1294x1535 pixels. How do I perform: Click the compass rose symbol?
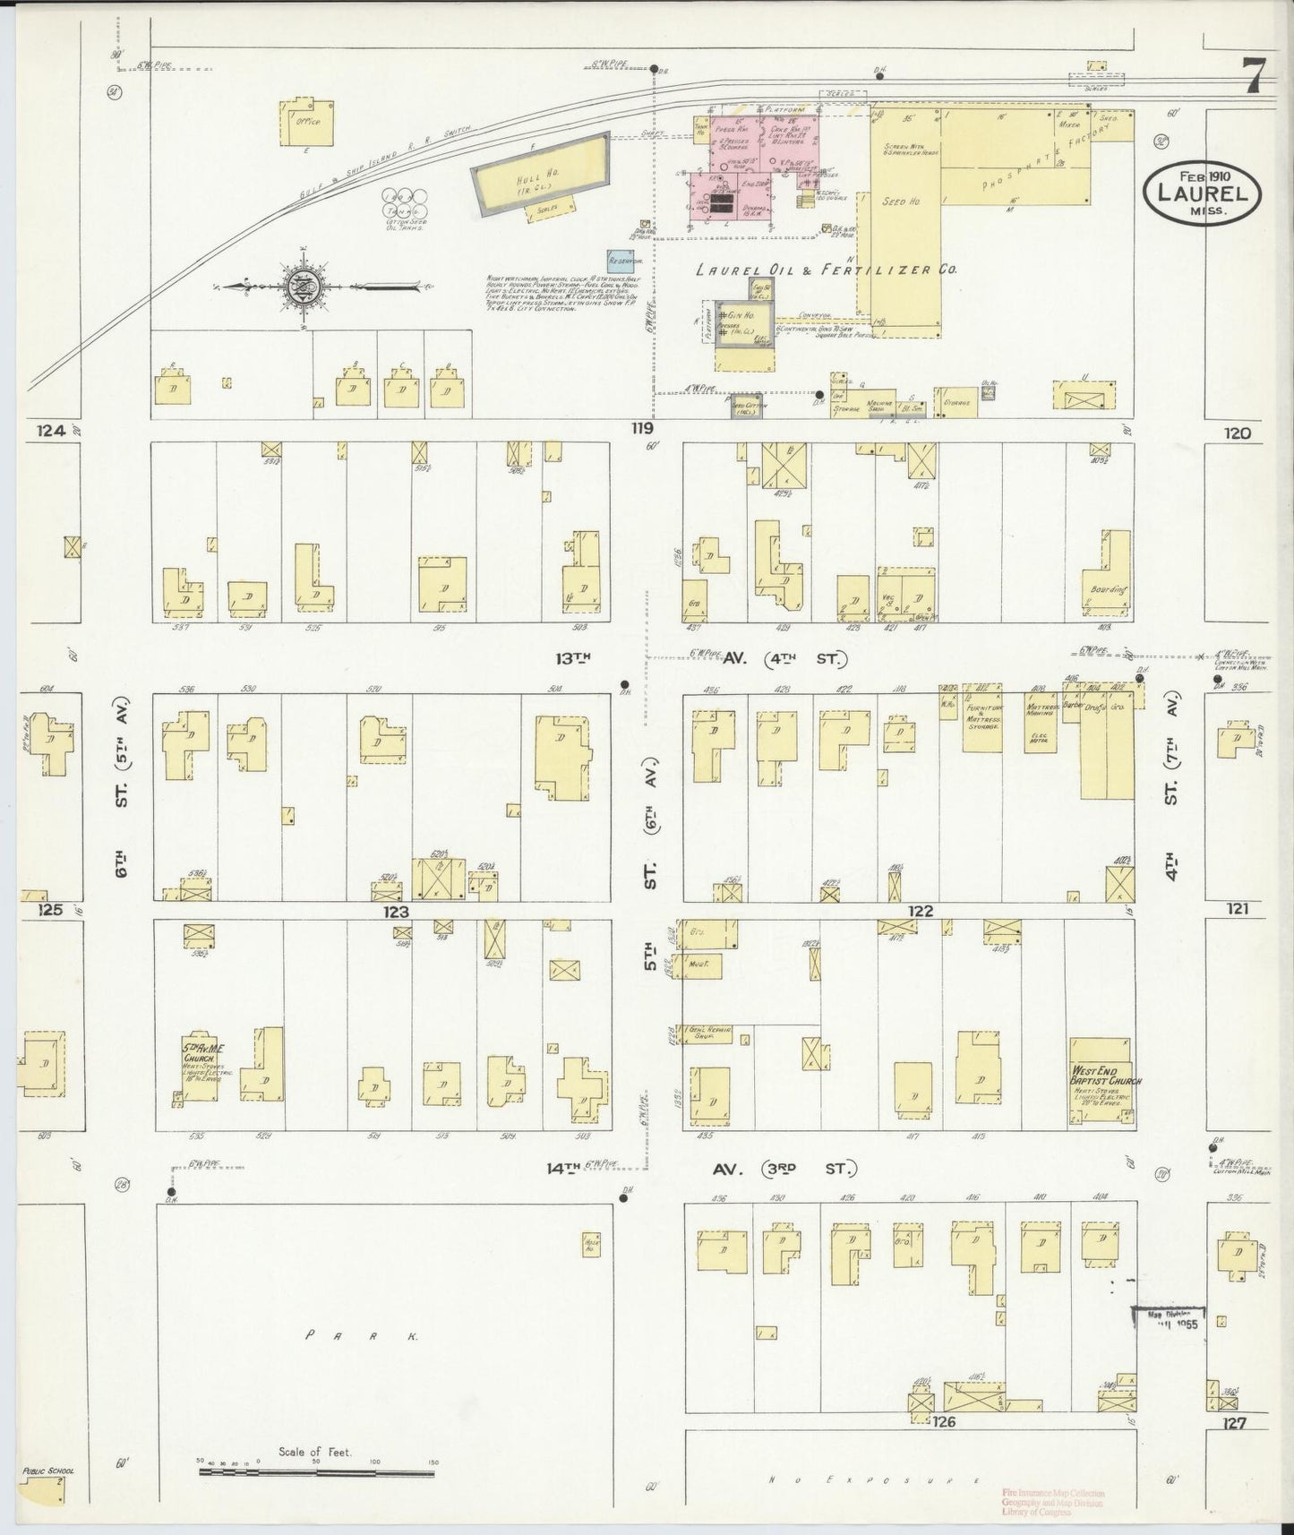click(x=299, y=287)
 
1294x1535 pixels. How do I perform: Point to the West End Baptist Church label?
click(x=1105, y=1075)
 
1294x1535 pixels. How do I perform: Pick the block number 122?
click(x=920, y=911)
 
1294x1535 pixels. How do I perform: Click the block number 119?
click(x=641, y=429)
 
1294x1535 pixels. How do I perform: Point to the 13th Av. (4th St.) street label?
click(x=698, y=660)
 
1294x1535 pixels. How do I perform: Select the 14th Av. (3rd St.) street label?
click(x=703, y=1169)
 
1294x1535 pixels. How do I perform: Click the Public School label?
click(x=49, y=1471)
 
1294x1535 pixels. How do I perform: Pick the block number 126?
click(x=944, y=1421)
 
